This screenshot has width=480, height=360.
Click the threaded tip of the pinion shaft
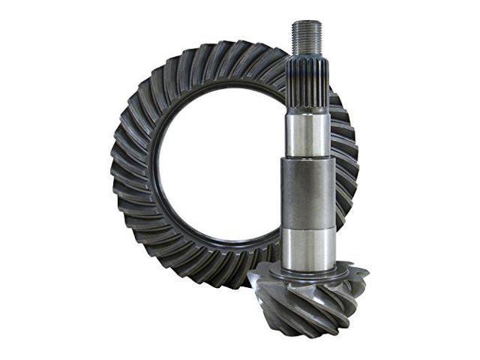coord(307,38)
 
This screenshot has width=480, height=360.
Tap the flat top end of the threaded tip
coord(307,22)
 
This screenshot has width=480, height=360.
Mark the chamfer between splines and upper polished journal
coord(307,109)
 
